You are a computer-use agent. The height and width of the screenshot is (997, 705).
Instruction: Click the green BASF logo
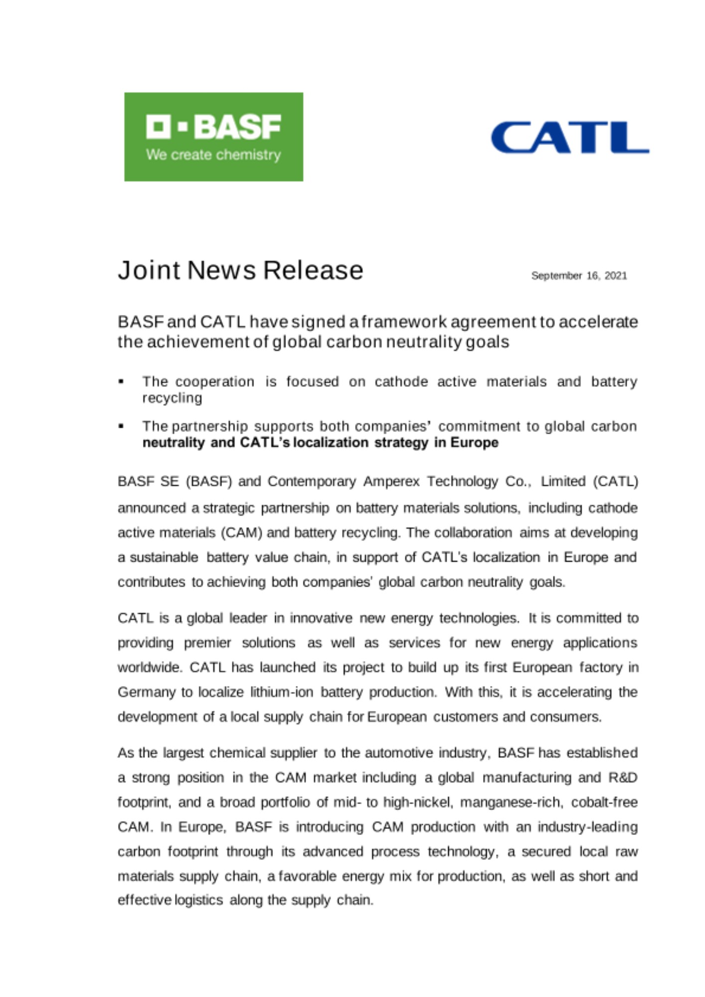pyautogui.click(x=213, y=136)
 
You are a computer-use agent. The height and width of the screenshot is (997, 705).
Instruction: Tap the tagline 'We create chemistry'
pyautogui.click(x=213, y=155)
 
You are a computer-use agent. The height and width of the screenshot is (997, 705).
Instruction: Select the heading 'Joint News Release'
pyautogui.click(x=240, y=270)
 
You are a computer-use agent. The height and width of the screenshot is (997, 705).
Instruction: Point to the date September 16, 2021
pyautogui.click(x=579, y=276)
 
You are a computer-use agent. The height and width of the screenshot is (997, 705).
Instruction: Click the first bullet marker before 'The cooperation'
pyautogui.click(x=121, y=382)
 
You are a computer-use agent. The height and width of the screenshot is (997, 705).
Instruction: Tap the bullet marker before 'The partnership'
pyautogui.click(x=121, y=427)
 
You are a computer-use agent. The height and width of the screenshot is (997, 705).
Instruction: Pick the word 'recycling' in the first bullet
pyautogui.click(x=172, y=398)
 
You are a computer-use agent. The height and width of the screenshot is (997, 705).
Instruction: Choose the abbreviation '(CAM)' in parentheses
pyautogui.click(x=242, y=533)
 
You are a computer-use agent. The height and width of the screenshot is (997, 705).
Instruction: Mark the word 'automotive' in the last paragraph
pyautogui.click(x=399, y=753)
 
